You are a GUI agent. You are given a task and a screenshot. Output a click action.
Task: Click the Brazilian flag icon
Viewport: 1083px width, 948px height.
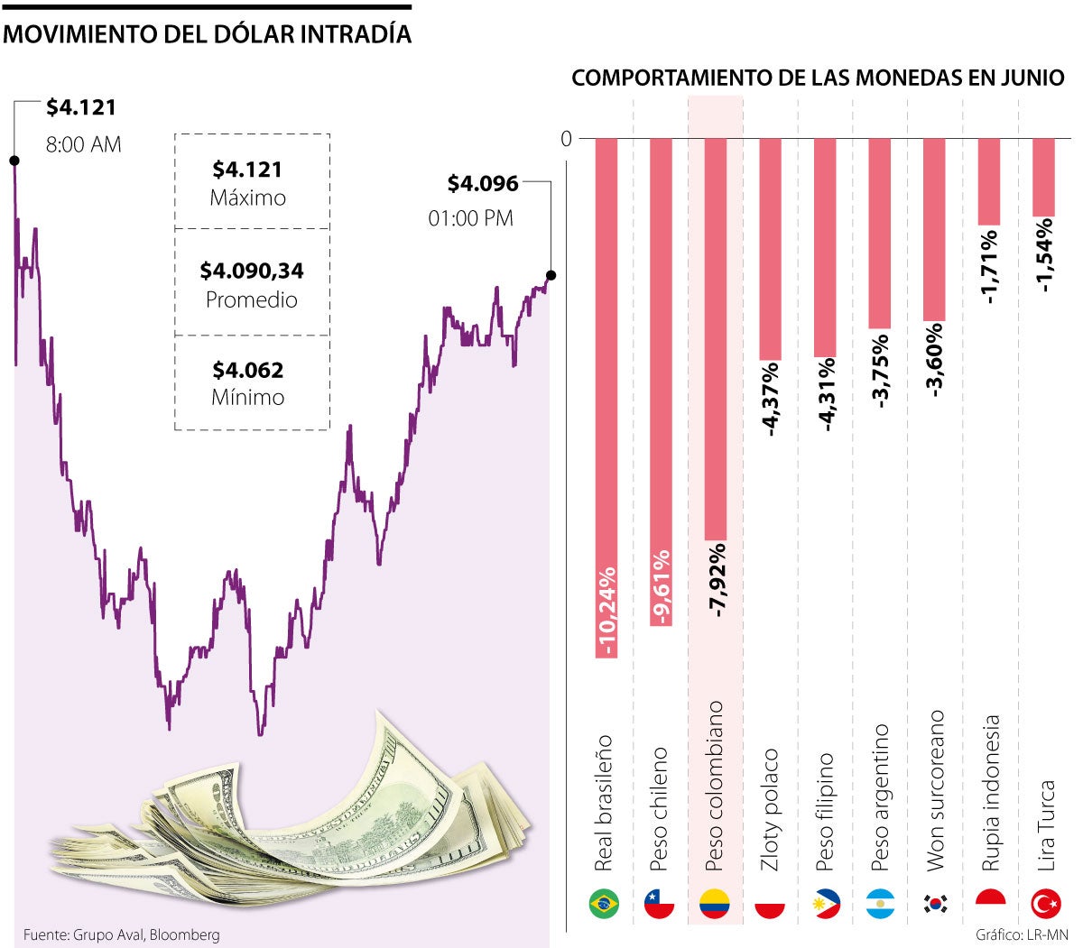point(604,903)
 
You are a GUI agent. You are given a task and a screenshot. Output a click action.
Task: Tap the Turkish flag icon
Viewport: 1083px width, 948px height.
point(1045,903)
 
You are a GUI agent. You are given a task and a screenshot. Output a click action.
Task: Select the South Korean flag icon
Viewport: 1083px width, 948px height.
point(935,903)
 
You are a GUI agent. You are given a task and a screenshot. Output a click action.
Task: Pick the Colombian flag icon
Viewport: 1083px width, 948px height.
point(715,903)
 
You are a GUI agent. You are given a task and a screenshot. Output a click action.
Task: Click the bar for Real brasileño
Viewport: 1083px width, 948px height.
point(606,397)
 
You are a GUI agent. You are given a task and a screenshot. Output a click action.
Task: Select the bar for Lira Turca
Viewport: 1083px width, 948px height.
point(1044,177)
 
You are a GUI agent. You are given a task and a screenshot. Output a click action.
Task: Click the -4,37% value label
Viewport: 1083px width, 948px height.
point(772,400)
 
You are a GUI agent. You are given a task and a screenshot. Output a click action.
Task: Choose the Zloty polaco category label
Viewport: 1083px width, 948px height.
point(771,810)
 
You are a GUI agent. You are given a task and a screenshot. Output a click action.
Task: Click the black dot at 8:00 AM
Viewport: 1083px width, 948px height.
point(14,161)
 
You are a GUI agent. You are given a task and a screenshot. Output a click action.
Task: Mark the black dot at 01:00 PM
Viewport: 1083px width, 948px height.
point(551,275)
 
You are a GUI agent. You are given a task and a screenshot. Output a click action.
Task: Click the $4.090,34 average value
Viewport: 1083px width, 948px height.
point(252,271)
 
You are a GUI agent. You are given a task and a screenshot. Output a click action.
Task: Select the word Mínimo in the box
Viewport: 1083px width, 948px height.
point(248,398)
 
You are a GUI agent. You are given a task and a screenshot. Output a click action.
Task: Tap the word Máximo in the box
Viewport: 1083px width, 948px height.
point(248,198)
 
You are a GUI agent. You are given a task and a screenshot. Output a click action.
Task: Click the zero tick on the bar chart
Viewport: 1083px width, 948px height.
point(566,139)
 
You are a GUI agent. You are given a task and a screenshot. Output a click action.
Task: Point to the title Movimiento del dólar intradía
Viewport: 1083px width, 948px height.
point(208,34)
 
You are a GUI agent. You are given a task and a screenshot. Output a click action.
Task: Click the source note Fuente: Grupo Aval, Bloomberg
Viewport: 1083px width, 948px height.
point(121,935)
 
